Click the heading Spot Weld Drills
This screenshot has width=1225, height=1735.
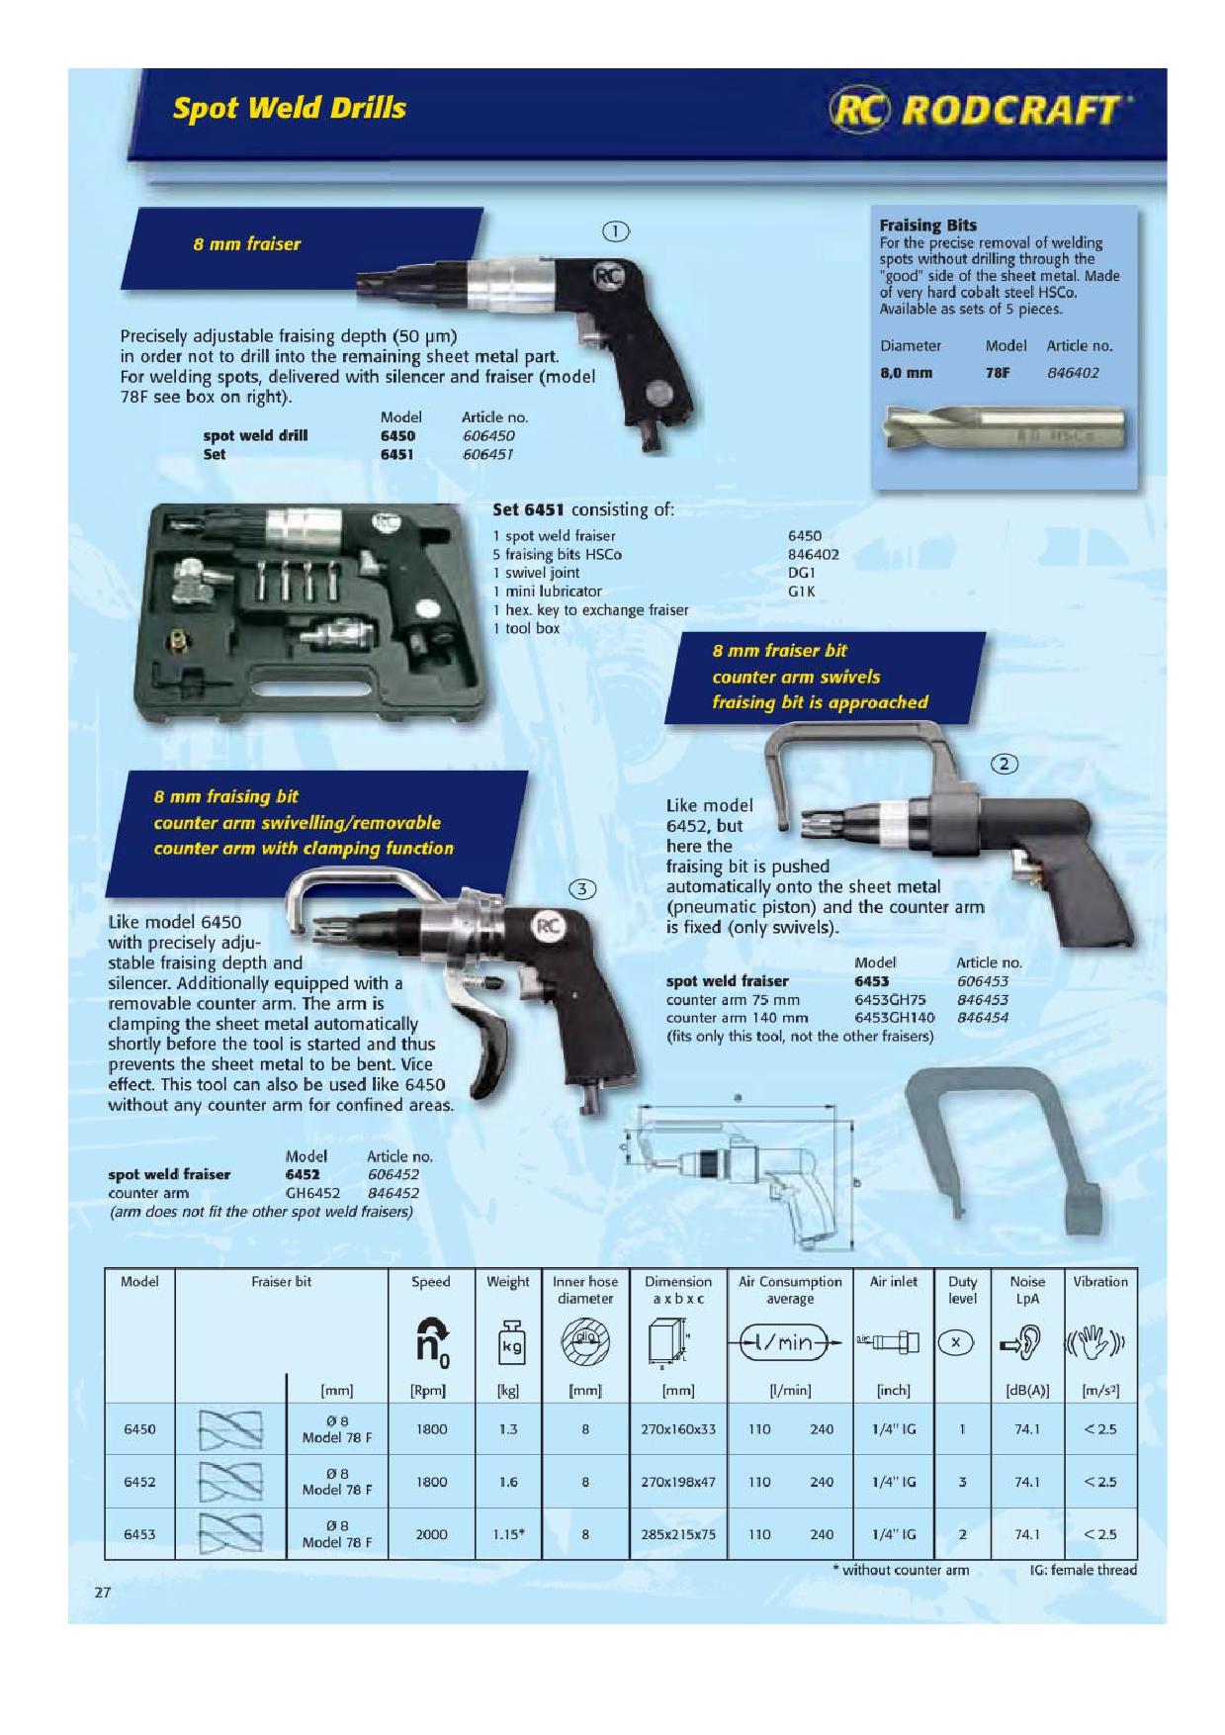pyautogui.click(x=289, y=108)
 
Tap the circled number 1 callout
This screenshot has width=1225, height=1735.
pyautogui.click(x=615, y=232)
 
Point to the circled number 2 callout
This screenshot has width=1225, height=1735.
pyautogui.click(x=1005, y=764)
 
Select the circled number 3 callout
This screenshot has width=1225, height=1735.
pyautogui.click(x=583, y=889)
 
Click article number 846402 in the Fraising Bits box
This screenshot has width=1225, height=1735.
pyautogui.click(x=1073, y=373)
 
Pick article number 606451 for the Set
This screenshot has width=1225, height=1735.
pyautogui.click(x=487, y=455)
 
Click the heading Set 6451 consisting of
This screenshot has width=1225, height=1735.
pyautogui.click(x=583, y=510)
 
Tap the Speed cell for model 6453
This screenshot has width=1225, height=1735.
pyautogui.click(x=431, y=1534)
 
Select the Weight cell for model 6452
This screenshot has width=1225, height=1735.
pyautogui.click(x=508, y=1482)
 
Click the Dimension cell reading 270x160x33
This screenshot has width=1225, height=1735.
pyautogui.click(x=678, y=1429)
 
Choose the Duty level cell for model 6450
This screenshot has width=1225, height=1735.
pyautogui.click(x=962, y=1429)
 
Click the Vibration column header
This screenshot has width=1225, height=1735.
pyautogui.click(x=1100, y=1282)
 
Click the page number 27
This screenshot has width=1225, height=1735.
pyautogui.click(x=103, y=1593)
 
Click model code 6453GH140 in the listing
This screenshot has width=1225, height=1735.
pyautogui.click(x=894, y=1018)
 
